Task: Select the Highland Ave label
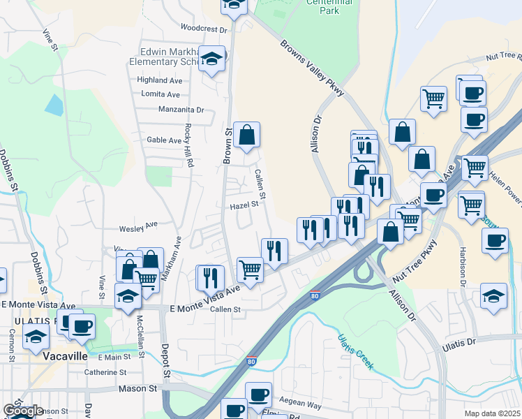coord(160,80)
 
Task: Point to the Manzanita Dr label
coord(181,110)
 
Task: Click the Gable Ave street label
coord(164,140)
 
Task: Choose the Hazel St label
coord(245,205)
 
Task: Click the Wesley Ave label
coord(138,226)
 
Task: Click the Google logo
coord(23,411)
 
